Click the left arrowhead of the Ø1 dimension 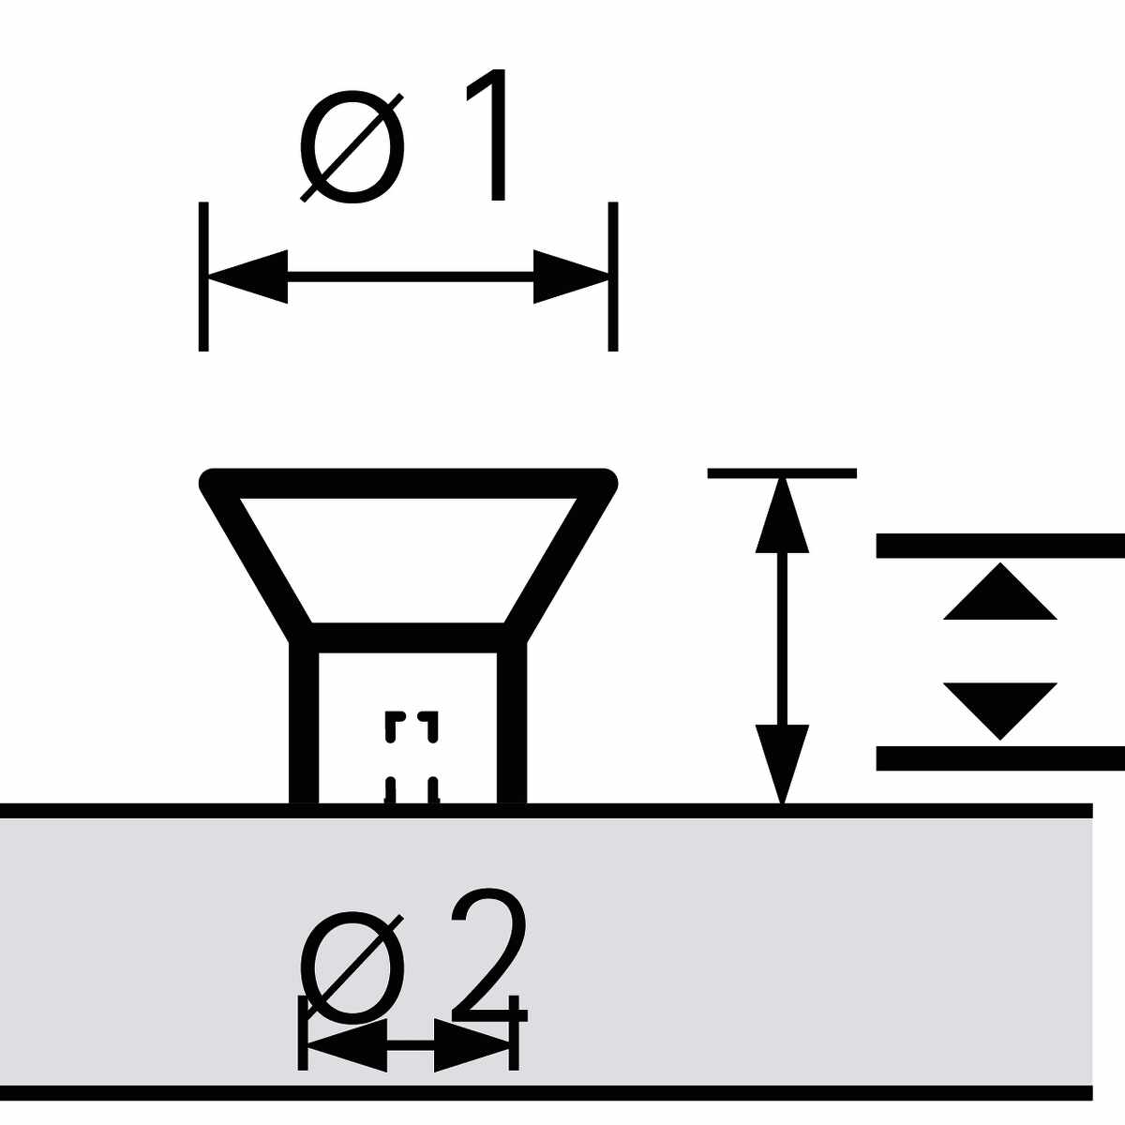[247, 277]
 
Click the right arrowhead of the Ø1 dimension [570, 277]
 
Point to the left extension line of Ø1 [203, 277]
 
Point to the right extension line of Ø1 [613, 277]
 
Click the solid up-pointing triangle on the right [999, 595]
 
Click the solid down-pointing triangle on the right [999, 707]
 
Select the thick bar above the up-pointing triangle [999, 546]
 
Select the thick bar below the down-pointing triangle [999, 757]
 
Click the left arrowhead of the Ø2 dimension [347, 1042]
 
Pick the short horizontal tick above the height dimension [782, 473]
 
